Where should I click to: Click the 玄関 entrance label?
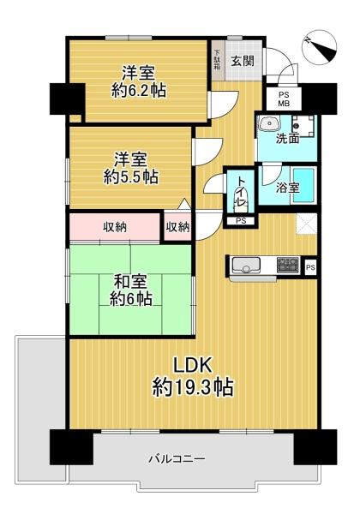pyautogui.click(x=243, y=61)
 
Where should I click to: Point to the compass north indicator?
pyautogui.click(x=319, y=47)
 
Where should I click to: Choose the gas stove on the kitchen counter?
pyautogui.click(x=287, y=265)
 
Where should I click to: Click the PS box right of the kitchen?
pyautogui.click(x=309, y=266)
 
